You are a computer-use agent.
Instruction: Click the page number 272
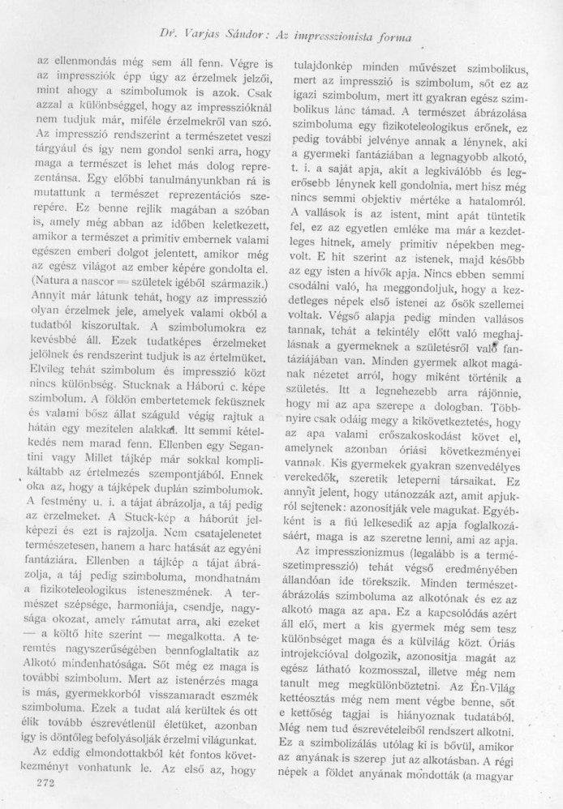coord(39,784)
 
